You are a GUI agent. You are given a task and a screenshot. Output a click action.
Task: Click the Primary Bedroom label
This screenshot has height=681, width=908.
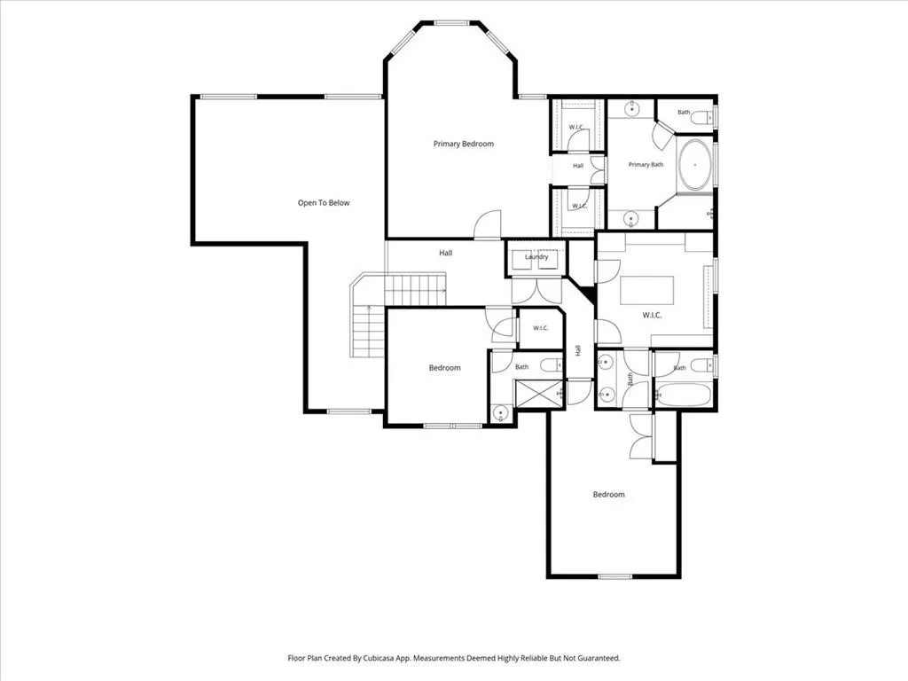tap(463, 144)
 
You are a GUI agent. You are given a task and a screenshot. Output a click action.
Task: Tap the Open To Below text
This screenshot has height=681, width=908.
tap(324, 203)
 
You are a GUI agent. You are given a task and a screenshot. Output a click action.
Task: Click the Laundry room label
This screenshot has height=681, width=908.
tap(536, 256)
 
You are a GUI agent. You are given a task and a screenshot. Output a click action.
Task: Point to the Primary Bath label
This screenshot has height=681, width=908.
tap(646, 164)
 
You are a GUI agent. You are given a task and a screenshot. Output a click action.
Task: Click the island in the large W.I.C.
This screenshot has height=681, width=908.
tap(646, 290)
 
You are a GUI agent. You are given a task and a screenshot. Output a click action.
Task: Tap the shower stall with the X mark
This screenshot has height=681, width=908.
tap(538, 394)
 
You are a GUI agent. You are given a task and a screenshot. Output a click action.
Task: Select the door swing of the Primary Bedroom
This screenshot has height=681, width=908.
tap(487, 224)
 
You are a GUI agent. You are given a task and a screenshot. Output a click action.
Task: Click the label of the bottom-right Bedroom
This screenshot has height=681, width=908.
tap(608, 495)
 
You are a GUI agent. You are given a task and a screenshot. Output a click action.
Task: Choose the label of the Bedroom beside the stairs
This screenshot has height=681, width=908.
tap(445, 368)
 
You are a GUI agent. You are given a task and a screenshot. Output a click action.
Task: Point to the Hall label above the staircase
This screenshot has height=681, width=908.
tap(445, 253)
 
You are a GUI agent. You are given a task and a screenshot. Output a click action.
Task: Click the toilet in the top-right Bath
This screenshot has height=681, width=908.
tap(704, 118)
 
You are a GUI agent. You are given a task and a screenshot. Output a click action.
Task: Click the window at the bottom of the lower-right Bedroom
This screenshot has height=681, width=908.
tap(615, 576)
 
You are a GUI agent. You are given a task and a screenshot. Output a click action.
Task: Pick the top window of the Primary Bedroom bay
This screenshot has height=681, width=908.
tap(451, 23)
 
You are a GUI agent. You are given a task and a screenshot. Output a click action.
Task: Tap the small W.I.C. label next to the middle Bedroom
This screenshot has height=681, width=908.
tap(540, 328)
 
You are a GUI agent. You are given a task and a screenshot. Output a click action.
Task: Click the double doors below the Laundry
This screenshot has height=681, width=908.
tap(536, 291)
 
